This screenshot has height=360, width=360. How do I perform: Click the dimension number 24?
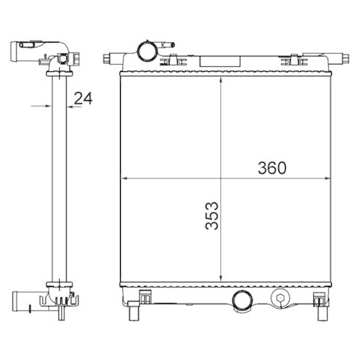tap(84, 98)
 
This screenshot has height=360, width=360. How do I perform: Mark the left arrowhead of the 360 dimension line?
tap(123, 177)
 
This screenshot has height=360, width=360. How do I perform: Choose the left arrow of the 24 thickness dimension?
tap(45, 107)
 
